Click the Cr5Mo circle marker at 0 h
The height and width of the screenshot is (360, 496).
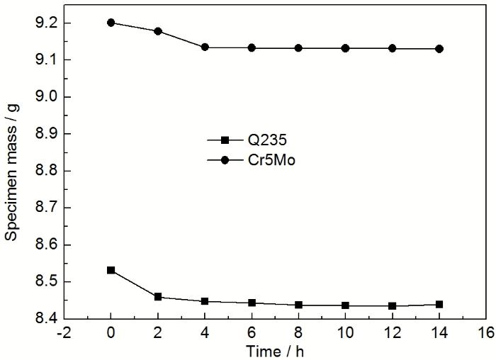pyautogui.click(x=111, y=22)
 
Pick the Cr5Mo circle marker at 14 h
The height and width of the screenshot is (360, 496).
pyautogui.click(x=439, y=49)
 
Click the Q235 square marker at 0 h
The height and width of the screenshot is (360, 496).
pyautogui.click(x=111, y=270)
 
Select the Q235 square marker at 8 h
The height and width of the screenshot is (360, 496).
pyautogui.click(x=298, y=305)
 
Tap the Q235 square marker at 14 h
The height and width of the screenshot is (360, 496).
pyautogui.click(x=439, y=304)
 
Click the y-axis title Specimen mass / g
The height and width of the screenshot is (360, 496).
pyautogui.click(x=12, y=170)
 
